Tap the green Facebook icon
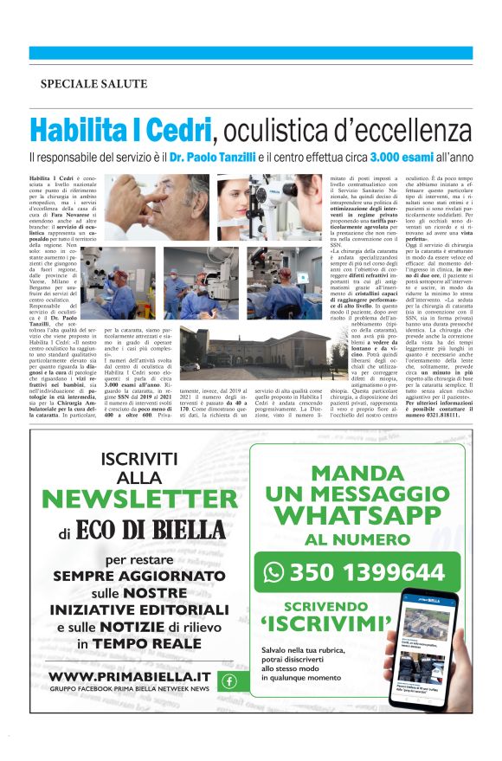pos(229,680)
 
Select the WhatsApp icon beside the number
pos(274,572)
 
